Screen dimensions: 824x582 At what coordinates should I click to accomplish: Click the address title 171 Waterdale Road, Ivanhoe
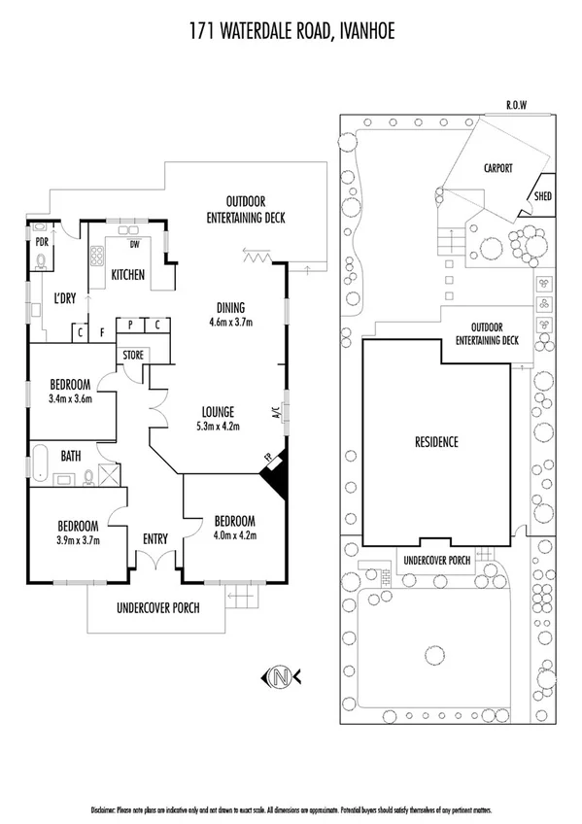coord(291,34)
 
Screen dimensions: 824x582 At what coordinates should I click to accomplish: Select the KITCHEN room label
coord(127,275)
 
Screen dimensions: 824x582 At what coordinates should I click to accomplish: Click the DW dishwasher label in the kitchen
coord(122,244)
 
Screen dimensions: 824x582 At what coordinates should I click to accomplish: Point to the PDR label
coord(42,241)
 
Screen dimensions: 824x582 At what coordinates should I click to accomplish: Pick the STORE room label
coord(133,356)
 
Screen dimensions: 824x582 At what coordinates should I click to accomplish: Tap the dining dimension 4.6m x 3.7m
coord(231,322)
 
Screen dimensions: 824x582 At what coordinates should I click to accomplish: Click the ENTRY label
coord(155,537)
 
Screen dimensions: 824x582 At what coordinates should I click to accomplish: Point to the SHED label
coord(542,197)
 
